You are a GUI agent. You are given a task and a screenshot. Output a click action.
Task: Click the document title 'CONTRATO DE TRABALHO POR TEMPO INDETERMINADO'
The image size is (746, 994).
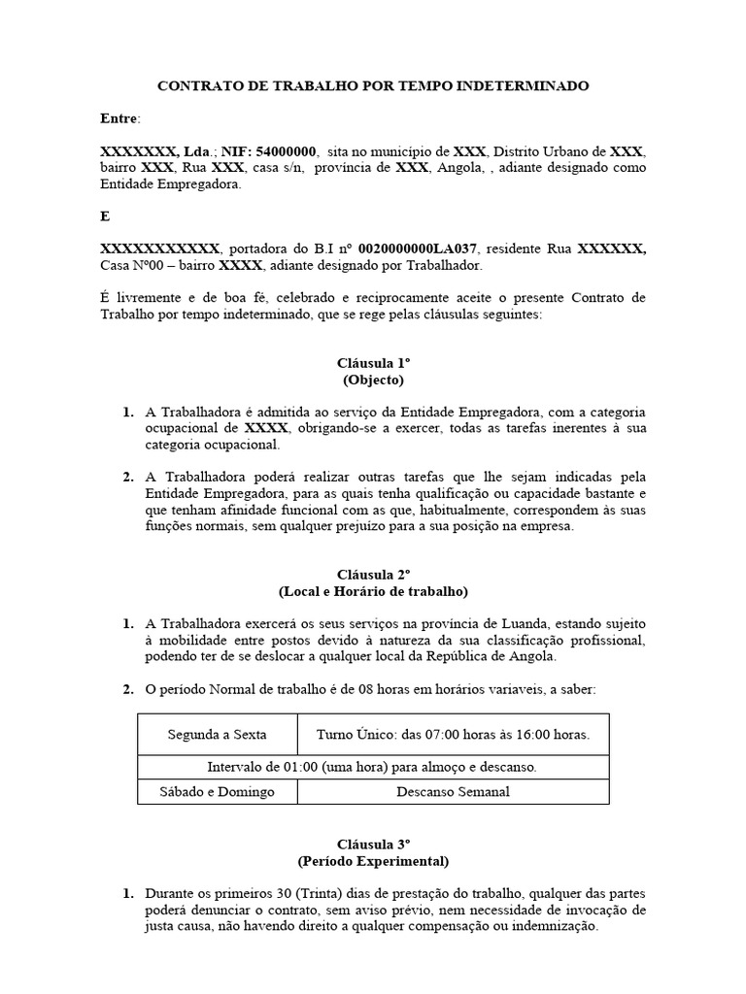pos(373,86)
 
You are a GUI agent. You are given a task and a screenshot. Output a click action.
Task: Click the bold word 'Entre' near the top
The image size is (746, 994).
pos(119,118)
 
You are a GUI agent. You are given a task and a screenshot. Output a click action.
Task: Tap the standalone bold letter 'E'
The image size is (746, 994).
pos(105,216)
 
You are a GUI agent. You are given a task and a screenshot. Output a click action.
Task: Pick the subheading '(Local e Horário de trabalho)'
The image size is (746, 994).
pos(373,590)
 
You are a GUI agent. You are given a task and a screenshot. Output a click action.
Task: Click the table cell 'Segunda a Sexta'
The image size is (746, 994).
pos(218,735)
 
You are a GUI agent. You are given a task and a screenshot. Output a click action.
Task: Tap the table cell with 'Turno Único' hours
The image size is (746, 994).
pos(453,735)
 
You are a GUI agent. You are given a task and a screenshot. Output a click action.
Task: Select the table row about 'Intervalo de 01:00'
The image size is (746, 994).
pos(373,767)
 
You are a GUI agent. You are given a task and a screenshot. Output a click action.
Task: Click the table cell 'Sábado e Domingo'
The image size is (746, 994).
pos(218,791)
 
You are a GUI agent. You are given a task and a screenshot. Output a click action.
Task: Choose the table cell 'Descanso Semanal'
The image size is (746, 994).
pos(453,791)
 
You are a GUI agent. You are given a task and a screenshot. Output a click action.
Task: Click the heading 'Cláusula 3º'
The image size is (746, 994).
pos(373,844)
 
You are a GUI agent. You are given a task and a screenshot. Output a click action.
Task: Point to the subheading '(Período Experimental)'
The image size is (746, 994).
pos(373,860)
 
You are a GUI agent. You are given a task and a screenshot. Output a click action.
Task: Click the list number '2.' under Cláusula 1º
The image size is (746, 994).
pos(127,478)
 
